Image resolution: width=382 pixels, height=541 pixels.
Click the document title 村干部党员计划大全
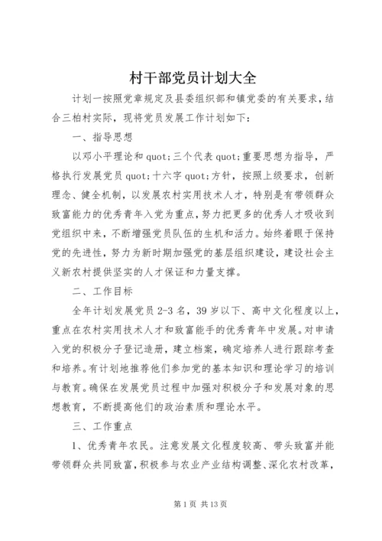click(x=191, y=77)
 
